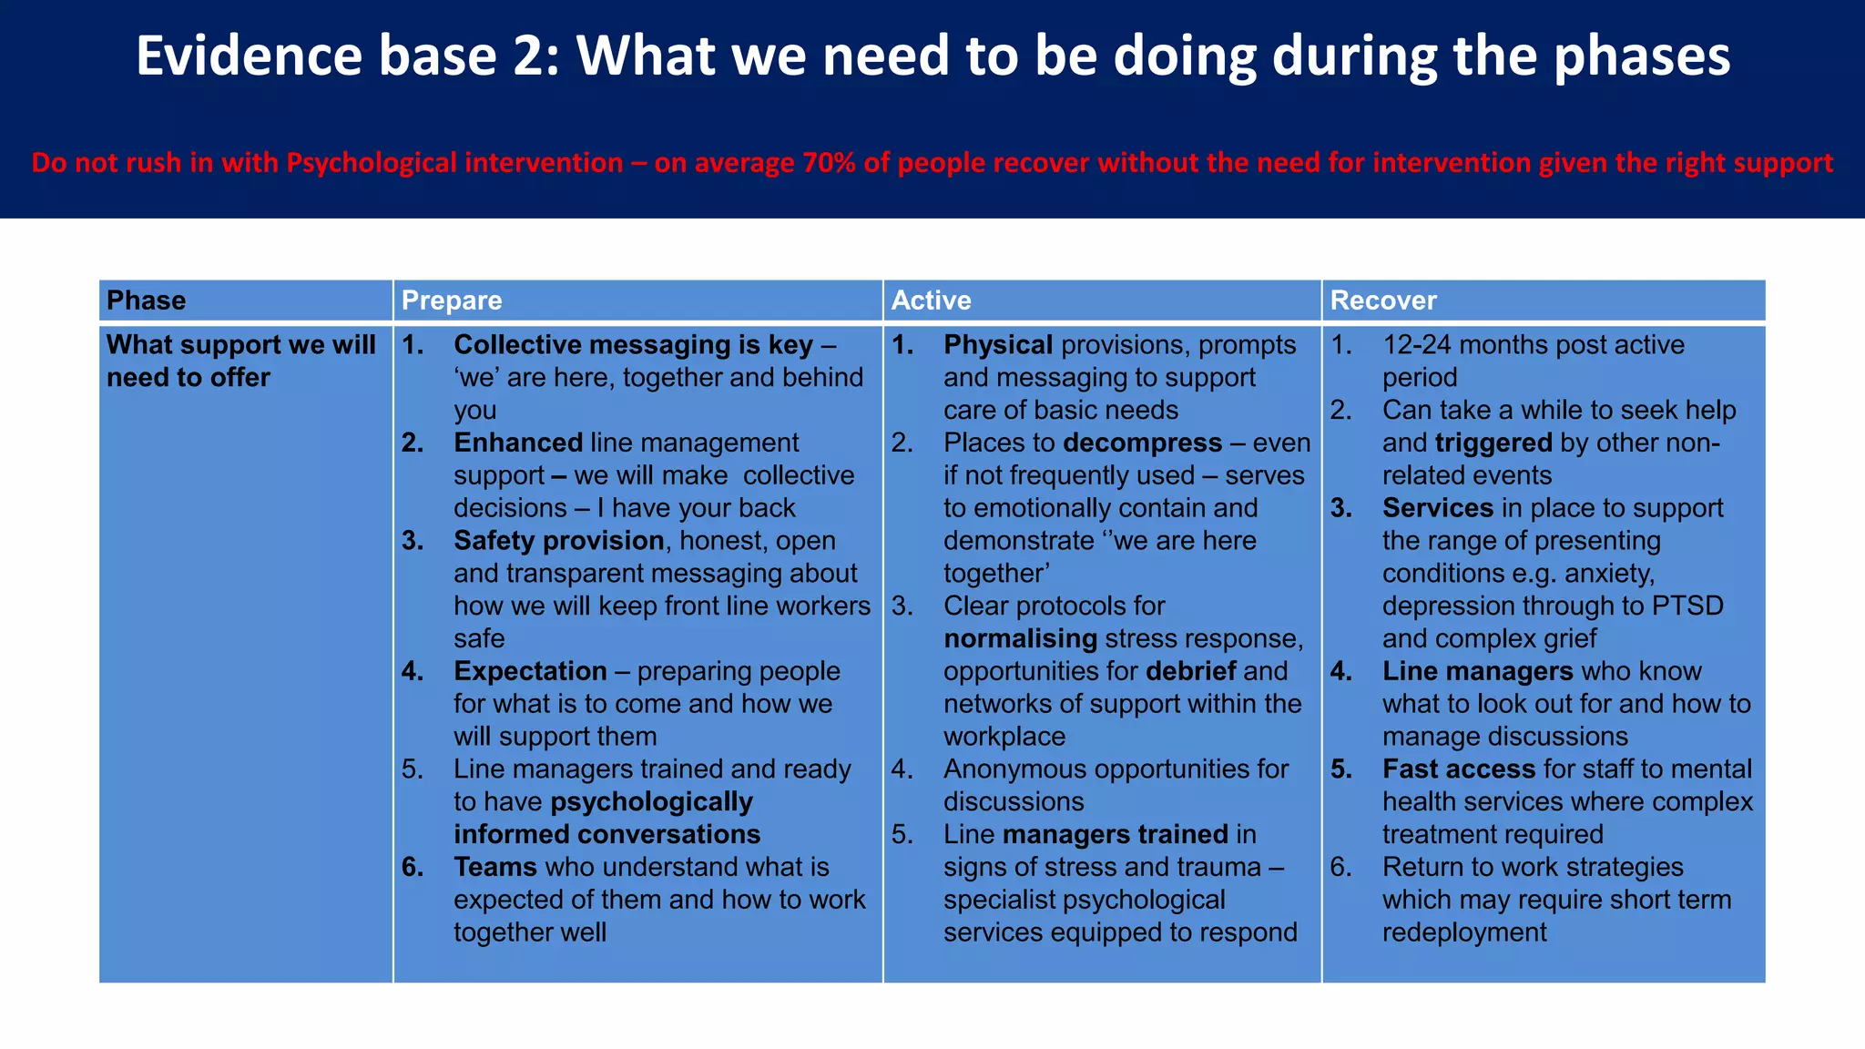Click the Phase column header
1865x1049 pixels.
click(146, 300)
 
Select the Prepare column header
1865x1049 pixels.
click(452, 300)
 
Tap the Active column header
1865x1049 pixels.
click(931, 300)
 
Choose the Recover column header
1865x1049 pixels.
click(1382, 300)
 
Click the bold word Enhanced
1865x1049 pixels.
click(517, 443)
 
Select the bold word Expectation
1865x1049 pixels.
click(530, 671)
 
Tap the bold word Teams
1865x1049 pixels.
click(494, 867)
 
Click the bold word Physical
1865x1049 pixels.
click(998, 345)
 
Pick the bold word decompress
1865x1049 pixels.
click(1142, 443)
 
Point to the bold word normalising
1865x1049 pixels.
click(1020, 638)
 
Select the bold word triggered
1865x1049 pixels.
click(1493, 443)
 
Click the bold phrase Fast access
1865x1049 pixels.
click(1459, 769)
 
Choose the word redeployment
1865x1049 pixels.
click(1464, 932)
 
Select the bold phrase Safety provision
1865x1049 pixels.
click(558, 541)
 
